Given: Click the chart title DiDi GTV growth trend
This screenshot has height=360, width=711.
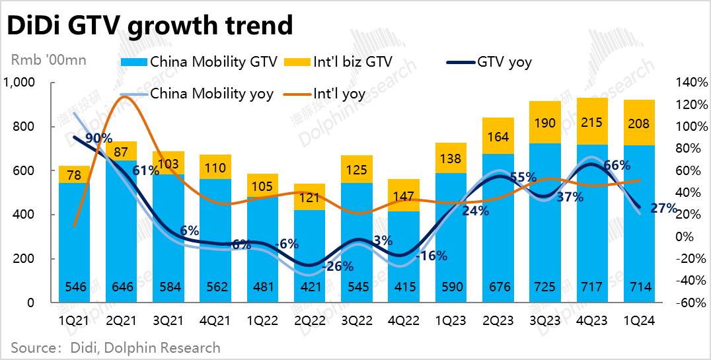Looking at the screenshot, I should click(x=149, y=25).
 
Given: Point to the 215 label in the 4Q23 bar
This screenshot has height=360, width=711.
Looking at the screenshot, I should click(x=591, y=124).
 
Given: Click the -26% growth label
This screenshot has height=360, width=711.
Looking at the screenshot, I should click(x=338, y=267).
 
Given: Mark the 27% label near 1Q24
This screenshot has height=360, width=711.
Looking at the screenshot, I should click(x=663, y=209).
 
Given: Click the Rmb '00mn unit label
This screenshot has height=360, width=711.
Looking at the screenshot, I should click(x=49, y=60).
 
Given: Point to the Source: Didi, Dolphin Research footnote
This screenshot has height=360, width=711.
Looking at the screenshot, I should click(x=116, y=347).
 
